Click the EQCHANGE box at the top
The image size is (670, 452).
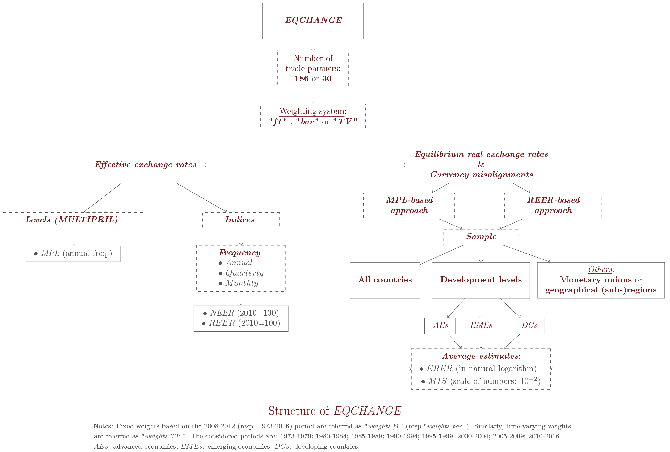click(x=313, y=21)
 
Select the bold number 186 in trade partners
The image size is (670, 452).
click(x=301, y=78)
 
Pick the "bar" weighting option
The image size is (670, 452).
click(x=307, y=122)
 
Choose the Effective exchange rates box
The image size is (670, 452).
click(x=145, y=165)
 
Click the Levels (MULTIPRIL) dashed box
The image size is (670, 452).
click(x=73, y=220)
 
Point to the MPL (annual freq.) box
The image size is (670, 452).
click(x=73, y=254)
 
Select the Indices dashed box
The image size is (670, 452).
click(x=241, y=220)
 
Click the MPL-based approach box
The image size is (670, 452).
click(x=409, y=205)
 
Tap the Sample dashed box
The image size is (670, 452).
click(x=481, y=237)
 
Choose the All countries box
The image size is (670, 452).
click(x=385, y=280)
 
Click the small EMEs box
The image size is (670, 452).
click(x=481, y=325)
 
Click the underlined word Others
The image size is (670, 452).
click(x=600, y=270)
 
